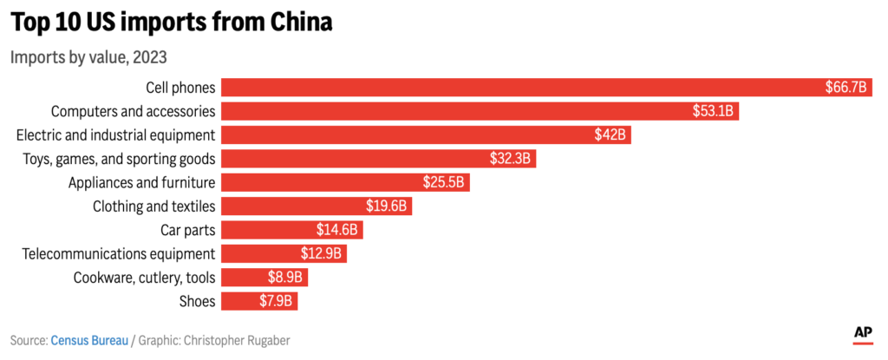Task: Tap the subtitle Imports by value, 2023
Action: [x=88, y=58]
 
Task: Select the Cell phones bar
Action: [x=546, y=88]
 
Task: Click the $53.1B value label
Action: [x=713, y=111]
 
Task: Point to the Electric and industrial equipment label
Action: [x=116, y=135]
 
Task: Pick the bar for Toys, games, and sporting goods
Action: [x=378, y=159]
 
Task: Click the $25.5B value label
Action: [x=443, y=182]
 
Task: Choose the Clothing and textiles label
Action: [x=154, y=206]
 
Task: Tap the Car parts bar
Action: [x=291, y=230]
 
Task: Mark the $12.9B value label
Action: [x=321, y=253]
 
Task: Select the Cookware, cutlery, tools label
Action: [x=145, y=278]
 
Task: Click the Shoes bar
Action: [x=258, y=301]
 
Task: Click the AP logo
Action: [x=863, y=335]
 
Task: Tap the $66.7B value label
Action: [x=846, y=88]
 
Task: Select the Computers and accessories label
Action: [x=133, y=112]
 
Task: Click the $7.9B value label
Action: [x=275, y=301]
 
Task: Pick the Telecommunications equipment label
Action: [x=119, y=254]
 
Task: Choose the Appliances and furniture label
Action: [x=141, y=183]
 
